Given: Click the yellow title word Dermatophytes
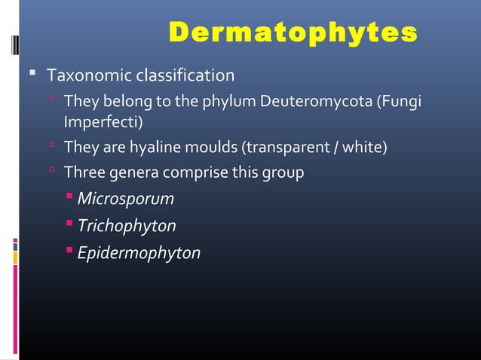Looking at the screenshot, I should pos(293,33).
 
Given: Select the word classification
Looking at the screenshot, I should pos(185,76).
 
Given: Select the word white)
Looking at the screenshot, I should pos(365,147).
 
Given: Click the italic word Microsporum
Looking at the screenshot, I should pos(125,200).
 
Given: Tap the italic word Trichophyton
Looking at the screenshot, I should pos(127,226).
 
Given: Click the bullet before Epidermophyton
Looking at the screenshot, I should pos(69,251).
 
